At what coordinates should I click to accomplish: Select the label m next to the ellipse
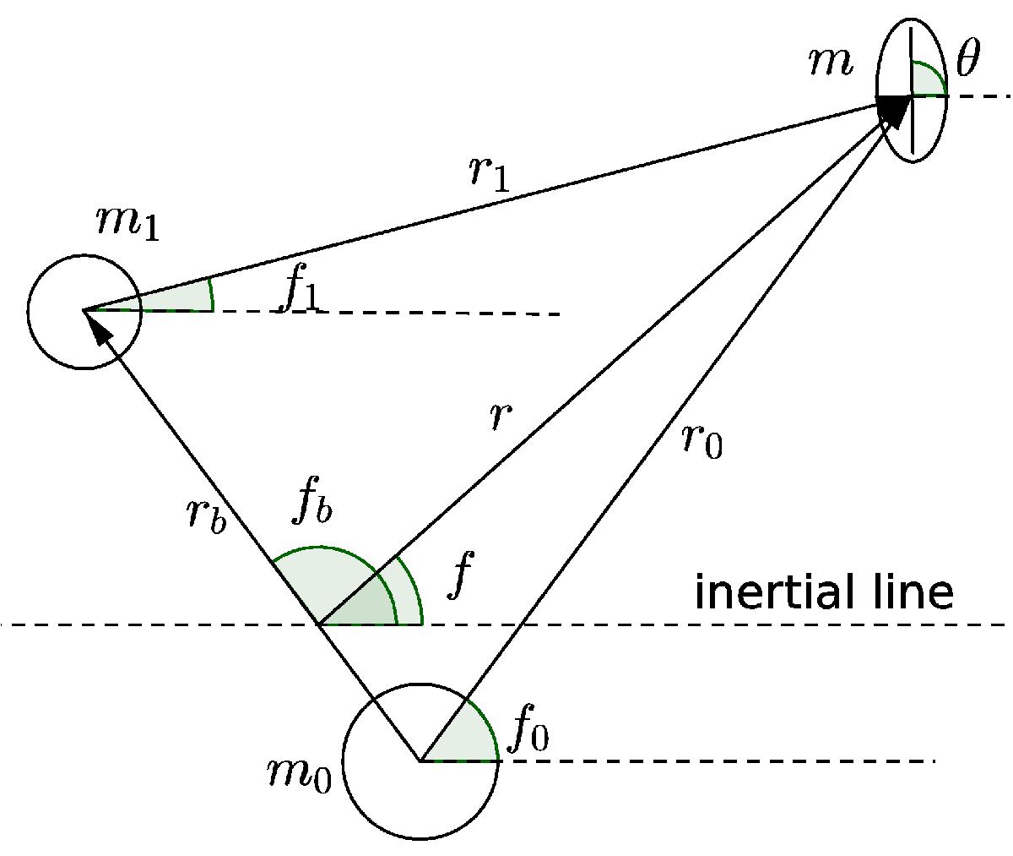point(830,64)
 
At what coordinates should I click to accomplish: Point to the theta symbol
point(968,57)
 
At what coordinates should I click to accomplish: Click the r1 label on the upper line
point(490,176)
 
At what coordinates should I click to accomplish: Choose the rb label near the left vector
point(207,516)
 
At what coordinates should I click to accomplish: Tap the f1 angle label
point(300,293)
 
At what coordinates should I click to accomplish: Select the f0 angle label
point(528,728)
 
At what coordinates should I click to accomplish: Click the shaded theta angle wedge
point(927,80)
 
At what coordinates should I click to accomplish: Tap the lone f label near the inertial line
point(459,575)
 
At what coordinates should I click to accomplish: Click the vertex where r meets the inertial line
point(317,624)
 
